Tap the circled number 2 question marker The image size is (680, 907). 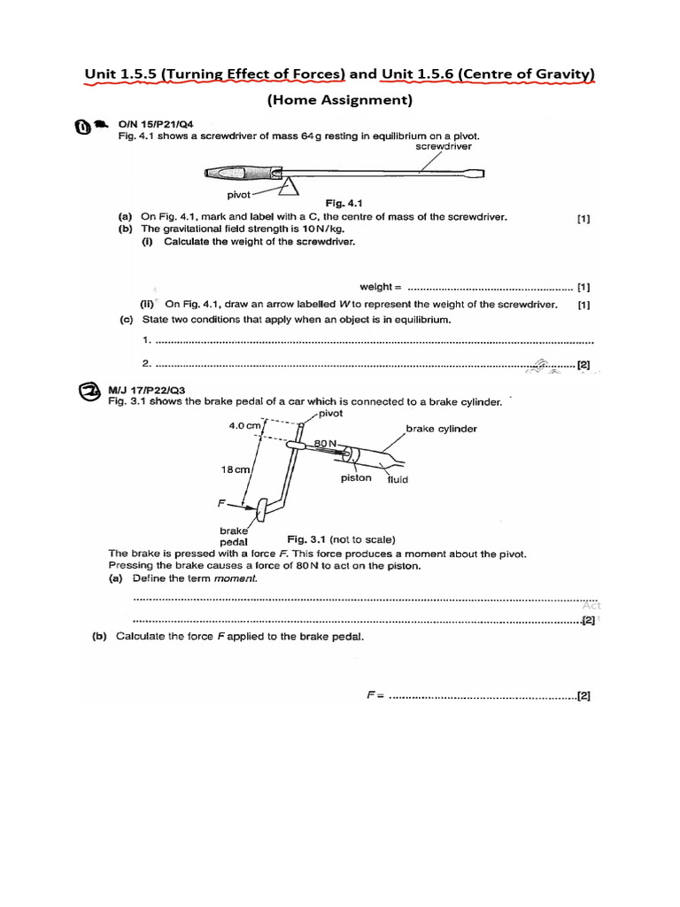90,392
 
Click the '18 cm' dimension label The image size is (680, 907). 236,469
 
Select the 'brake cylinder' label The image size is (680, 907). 441,429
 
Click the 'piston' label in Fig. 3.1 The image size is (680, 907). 356,478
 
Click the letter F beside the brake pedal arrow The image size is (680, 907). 221,502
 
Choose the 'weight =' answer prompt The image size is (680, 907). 381,287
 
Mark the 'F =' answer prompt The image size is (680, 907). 374,695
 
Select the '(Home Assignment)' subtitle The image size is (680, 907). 340,100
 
